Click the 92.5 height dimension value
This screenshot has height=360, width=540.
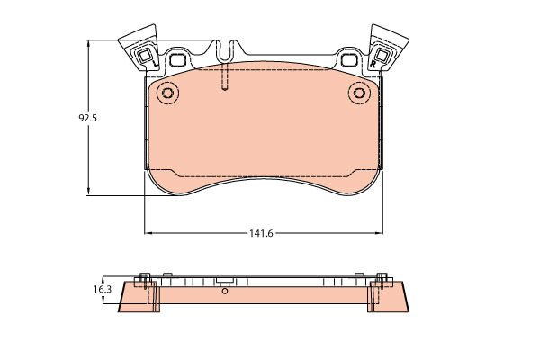[x=88, y=118]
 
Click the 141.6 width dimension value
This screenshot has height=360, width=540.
[x=261, y=234]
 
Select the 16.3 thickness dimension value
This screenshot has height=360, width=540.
[x=103, y=290]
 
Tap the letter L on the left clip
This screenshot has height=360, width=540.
[x=155, y=63]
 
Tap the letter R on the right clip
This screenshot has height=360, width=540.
[x=373, y=64]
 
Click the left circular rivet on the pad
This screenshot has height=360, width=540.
[x=168, y=93]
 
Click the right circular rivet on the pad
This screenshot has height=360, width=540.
[x=359, y=93]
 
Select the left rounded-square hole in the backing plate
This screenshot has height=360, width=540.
[x=178, y=60]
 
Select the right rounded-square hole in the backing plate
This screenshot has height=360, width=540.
[x=349, y=60]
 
